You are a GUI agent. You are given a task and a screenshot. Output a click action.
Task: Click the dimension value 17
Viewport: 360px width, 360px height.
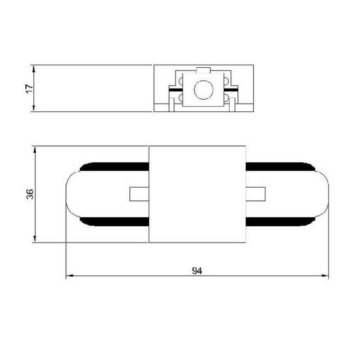pos(29,89)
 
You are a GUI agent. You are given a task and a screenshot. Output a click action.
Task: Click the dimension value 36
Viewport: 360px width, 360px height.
pos(30,194)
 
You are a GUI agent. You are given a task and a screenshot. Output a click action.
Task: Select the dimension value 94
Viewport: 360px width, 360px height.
pos(197,271)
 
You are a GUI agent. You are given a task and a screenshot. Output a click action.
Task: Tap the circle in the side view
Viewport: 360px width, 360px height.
pos(203,90)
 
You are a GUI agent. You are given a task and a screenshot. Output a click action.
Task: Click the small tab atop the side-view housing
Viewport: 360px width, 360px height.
pos(203,70)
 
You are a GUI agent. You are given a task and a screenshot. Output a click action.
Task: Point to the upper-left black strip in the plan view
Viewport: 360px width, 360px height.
pos(114,167)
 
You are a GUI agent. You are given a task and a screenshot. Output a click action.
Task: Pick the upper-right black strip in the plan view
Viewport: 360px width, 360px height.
pos(280,167)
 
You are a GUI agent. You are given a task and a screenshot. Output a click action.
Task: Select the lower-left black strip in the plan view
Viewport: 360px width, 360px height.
pos(114,222)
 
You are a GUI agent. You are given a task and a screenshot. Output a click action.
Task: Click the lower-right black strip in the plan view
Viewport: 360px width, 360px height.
pos(280,222)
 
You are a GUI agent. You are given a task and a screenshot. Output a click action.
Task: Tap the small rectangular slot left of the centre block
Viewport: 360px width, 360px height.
pos(140,194)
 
